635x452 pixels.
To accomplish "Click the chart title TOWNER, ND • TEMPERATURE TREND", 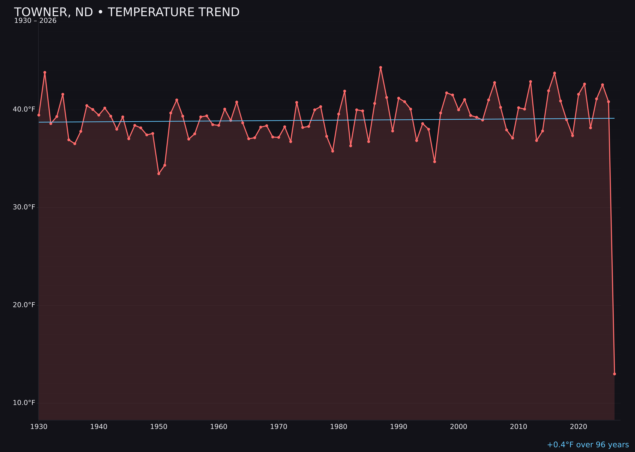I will pos(127,12).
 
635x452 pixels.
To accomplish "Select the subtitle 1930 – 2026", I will pos(35,21).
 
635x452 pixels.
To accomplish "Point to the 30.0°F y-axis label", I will pos(24,207).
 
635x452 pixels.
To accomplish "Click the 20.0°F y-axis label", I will pos(24,305).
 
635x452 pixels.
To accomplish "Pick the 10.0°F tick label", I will pos(24,403).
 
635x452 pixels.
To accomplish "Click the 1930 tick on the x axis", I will pos(39,427).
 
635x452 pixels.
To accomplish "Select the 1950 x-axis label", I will pos(159,427).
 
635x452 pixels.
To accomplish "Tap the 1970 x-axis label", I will pos(279,427).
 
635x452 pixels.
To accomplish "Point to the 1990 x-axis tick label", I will pos(398,427).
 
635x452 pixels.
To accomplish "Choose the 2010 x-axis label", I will pos(518,427).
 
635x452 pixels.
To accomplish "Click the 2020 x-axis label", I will pos(578,427).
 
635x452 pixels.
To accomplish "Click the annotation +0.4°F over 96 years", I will pos(588,445).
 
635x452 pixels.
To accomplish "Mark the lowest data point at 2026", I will pos(614,374).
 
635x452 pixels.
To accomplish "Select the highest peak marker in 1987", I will pos(381,67).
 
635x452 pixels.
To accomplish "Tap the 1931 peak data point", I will pos(45,72).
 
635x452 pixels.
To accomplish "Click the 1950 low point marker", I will pos(159,173).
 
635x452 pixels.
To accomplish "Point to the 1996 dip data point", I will pos(434,161).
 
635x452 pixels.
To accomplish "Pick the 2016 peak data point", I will pos(554,73).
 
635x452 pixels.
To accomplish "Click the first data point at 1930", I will pos(39,115).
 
